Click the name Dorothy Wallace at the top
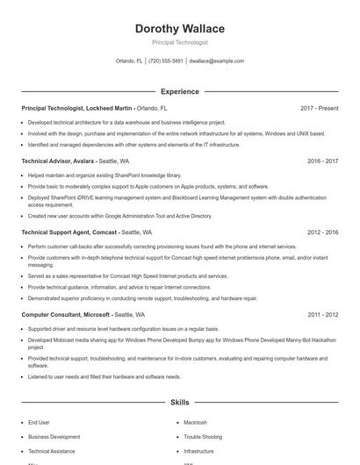[179, 29]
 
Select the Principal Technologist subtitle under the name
[179, 42]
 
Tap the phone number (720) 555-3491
[166, 61]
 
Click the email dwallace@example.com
[216, 61]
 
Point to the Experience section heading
[179, 91]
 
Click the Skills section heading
[179, 403]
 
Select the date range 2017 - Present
[319, 108]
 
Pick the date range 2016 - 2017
[322, 161]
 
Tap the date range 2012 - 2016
[322, 232]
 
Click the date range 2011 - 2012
[322, 314]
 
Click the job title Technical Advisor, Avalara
[58, 161]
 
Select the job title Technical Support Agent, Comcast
[69, 232]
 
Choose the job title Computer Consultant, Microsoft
[65, 314]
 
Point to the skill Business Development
[54, 436]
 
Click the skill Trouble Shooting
[203, 436]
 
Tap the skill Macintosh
[196, 422]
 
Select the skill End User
[39, 422]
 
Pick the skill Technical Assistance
[52, 450]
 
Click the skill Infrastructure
[199, 450]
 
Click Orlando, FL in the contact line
[129, 61]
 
